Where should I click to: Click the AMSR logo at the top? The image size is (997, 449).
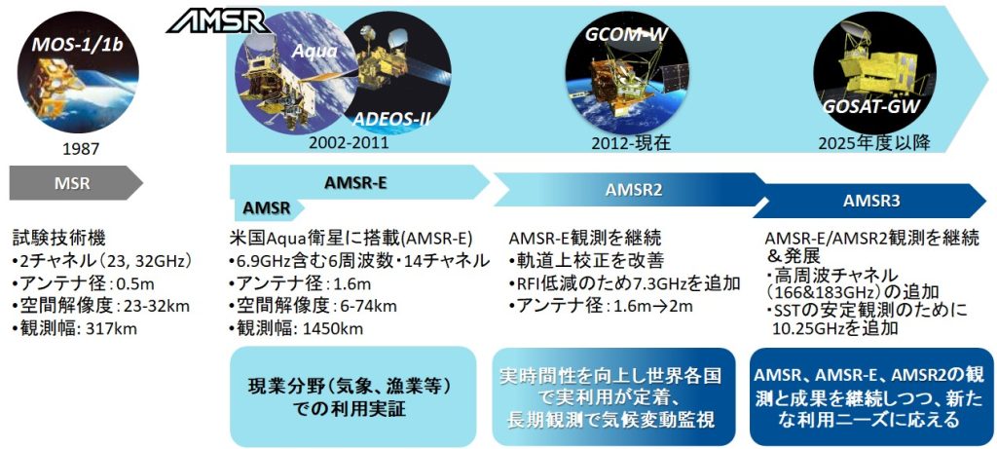point(218,22)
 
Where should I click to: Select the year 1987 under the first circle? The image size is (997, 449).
point(82,149)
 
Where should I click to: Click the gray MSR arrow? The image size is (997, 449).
point(76,184)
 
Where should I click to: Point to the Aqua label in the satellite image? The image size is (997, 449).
point(314,52)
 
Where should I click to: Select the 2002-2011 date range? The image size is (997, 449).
point(348,143)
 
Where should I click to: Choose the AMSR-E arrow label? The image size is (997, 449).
point(356,182)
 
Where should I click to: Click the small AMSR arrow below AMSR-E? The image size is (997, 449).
point(267,208)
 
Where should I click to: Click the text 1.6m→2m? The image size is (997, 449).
point(653,306)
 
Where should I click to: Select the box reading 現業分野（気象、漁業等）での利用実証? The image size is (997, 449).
point(352,396)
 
